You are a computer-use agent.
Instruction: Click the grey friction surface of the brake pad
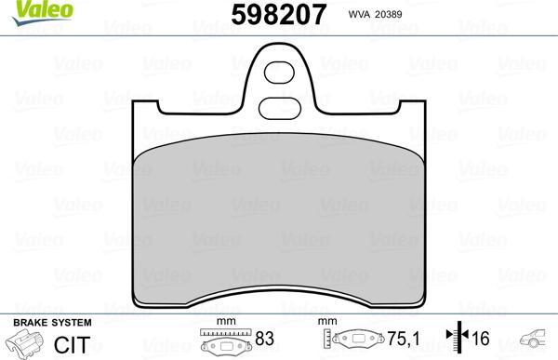(x=279, y=223)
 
